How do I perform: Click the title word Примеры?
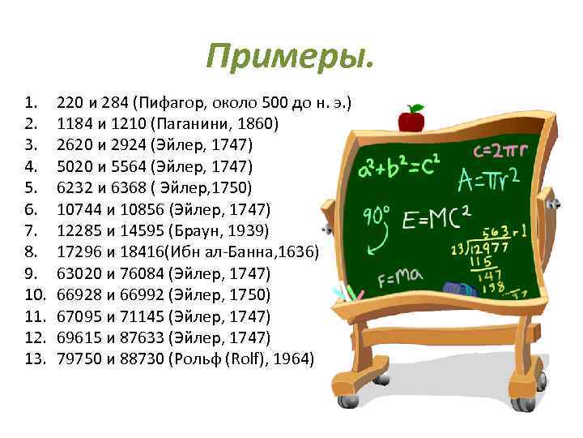pos(291,57)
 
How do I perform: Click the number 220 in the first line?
pos(70,104)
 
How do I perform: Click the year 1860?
pos(257,125)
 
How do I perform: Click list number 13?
pos(33,357)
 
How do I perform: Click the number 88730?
pos(142,357)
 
